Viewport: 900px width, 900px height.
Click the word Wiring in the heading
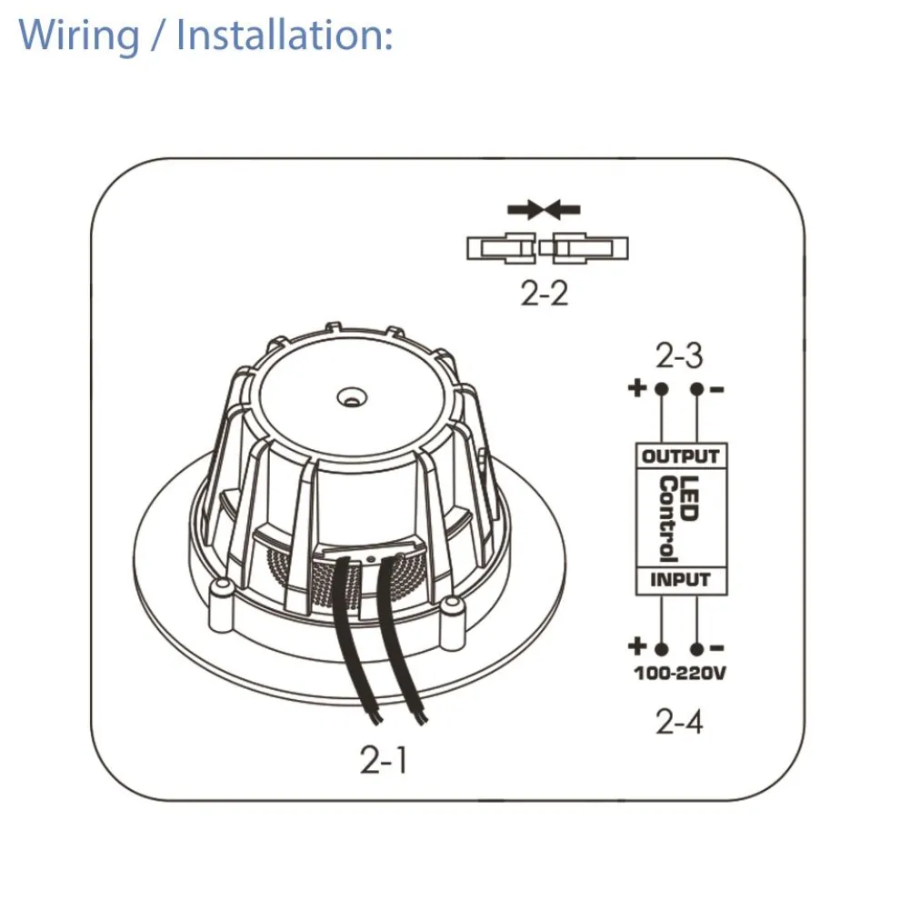[78, 35]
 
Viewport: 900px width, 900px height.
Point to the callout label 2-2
[545, 293]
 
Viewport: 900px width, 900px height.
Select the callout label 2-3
[679, 355]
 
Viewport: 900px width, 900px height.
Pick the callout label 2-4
[679, 722]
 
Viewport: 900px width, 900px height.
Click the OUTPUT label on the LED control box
[681, 456]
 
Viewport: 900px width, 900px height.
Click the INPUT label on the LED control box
[680, 580]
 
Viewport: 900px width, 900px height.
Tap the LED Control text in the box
[678, 518]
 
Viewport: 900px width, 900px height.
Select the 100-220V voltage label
[680, 673]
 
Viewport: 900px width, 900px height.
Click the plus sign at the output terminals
[637, 388]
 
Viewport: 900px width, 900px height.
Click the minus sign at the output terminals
[717, 390]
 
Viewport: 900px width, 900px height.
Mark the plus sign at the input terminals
[637, 646]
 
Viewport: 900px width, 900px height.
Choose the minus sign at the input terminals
[717, 648]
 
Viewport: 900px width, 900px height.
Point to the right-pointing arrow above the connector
[525, 210]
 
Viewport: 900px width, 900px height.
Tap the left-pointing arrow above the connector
[563, 210]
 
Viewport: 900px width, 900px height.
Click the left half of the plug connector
[502, 248]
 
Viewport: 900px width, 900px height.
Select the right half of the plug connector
[584, 248]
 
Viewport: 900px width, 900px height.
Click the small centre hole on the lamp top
[352, 396]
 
